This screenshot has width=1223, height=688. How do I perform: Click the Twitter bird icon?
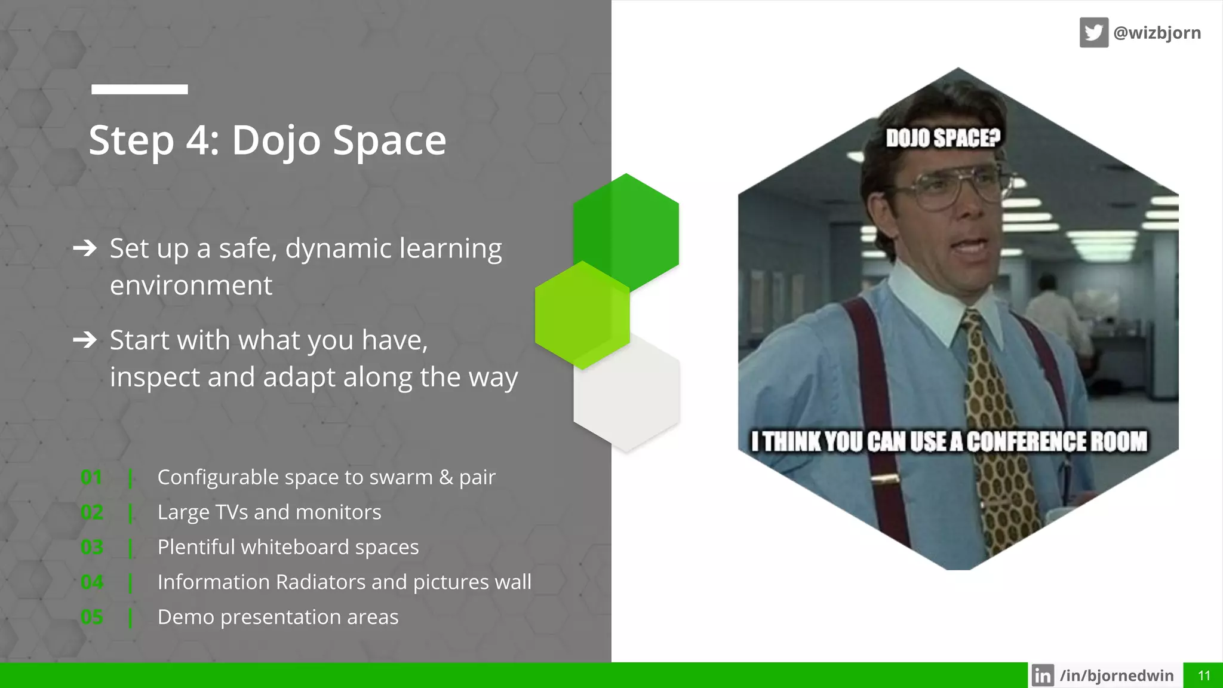[x=1093, y=32]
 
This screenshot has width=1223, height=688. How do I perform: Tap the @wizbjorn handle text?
[x=1157, y=32]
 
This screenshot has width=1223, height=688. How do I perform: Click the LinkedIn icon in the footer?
[x=1043, y=675]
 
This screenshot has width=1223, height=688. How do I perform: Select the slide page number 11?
[x=1204, y=675]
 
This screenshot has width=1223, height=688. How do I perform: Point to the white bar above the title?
[x=139, y=90]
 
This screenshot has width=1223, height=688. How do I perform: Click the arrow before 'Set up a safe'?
[x=85, y=248]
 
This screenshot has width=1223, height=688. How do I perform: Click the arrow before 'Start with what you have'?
[x=85, y=340]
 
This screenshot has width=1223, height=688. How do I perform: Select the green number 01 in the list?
[x=91, y=477]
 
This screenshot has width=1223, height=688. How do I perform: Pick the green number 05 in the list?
[x=92, y=617]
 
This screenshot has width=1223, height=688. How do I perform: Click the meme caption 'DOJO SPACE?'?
[x=942, y=138]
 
